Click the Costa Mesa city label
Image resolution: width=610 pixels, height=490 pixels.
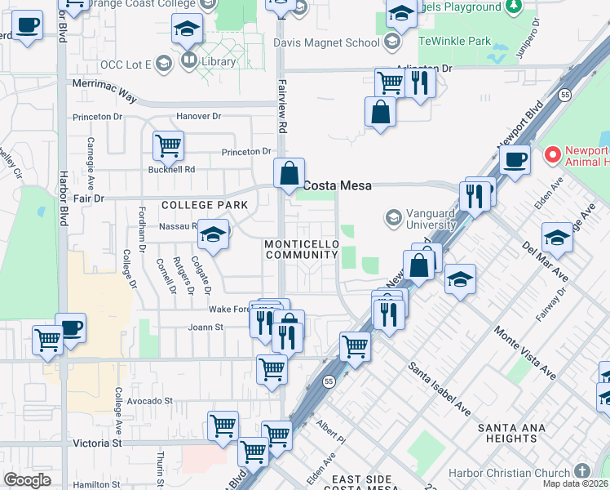(x=338, y=185)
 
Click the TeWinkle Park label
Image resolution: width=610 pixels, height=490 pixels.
(x=455, y=40)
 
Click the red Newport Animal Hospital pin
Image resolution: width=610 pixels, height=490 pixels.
(x=552, y=154)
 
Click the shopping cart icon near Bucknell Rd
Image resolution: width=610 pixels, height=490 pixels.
(x=168, y=146)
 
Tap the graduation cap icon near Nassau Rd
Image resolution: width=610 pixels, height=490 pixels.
(x=213, y=234)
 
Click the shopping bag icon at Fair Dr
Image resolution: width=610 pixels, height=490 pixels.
(x=289, y=173)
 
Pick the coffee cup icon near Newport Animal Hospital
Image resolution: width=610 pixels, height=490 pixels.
(x=515, y=158)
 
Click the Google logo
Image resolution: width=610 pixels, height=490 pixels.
(x=28, y=480)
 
